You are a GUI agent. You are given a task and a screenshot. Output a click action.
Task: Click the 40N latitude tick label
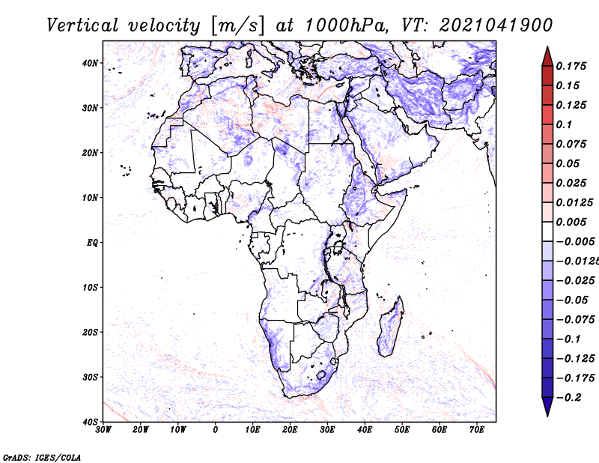pyautogui.click(x=90, y=63)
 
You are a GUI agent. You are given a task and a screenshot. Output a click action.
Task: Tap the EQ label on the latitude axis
pyautogui.click(x=92, y=243)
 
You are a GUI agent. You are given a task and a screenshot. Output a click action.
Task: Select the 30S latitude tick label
pyautogui.click(x=90, y=378)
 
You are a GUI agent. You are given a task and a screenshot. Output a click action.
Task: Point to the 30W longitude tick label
pyautogui.click(x=103, y=430)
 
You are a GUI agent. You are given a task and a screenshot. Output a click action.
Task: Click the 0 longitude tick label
pyautogui.click(x=216, y=430)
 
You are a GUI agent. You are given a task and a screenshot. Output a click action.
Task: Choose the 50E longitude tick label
pyautogui.click(x=402, y=430)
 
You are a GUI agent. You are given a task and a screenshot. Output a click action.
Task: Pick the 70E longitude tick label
pyautogui.click(x=476, y=430)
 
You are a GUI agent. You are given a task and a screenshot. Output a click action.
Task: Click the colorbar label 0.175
pyautogui.click(x=571, y=66)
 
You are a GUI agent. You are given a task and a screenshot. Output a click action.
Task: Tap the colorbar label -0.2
pyautogui.click(x=569, y=398)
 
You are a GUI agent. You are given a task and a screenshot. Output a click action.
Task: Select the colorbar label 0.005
pyautogui.click(x=571, y=222)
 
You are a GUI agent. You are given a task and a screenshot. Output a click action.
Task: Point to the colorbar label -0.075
pyautogui.click(x=575, y=320)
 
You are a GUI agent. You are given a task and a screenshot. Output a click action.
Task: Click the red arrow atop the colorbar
pyautogui.click(x=547, y=57)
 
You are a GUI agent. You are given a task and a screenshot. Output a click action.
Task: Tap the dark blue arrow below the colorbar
pyautogui.click(x=547, y=407)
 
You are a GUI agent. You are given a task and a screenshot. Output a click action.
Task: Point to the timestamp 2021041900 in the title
pyautogui.click(x=496, y=25)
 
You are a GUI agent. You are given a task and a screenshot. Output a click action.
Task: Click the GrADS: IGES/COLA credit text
pyautogui.click(x=42, y=457)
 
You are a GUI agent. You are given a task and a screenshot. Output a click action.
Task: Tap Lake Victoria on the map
pyautogui.click(x=338, y=247)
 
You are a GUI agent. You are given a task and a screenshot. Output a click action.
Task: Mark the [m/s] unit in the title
pyautogui.click(x=237, y=25)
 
